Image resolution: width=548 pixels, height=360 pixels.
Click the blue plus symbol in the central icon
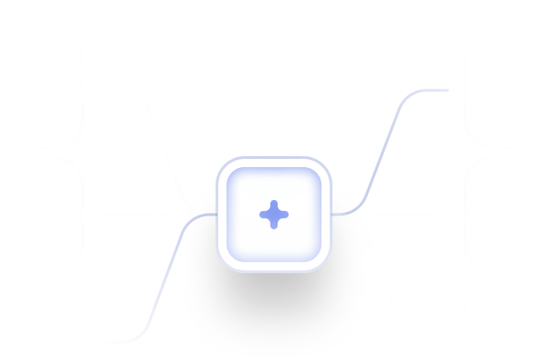[x=273, y=214]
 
